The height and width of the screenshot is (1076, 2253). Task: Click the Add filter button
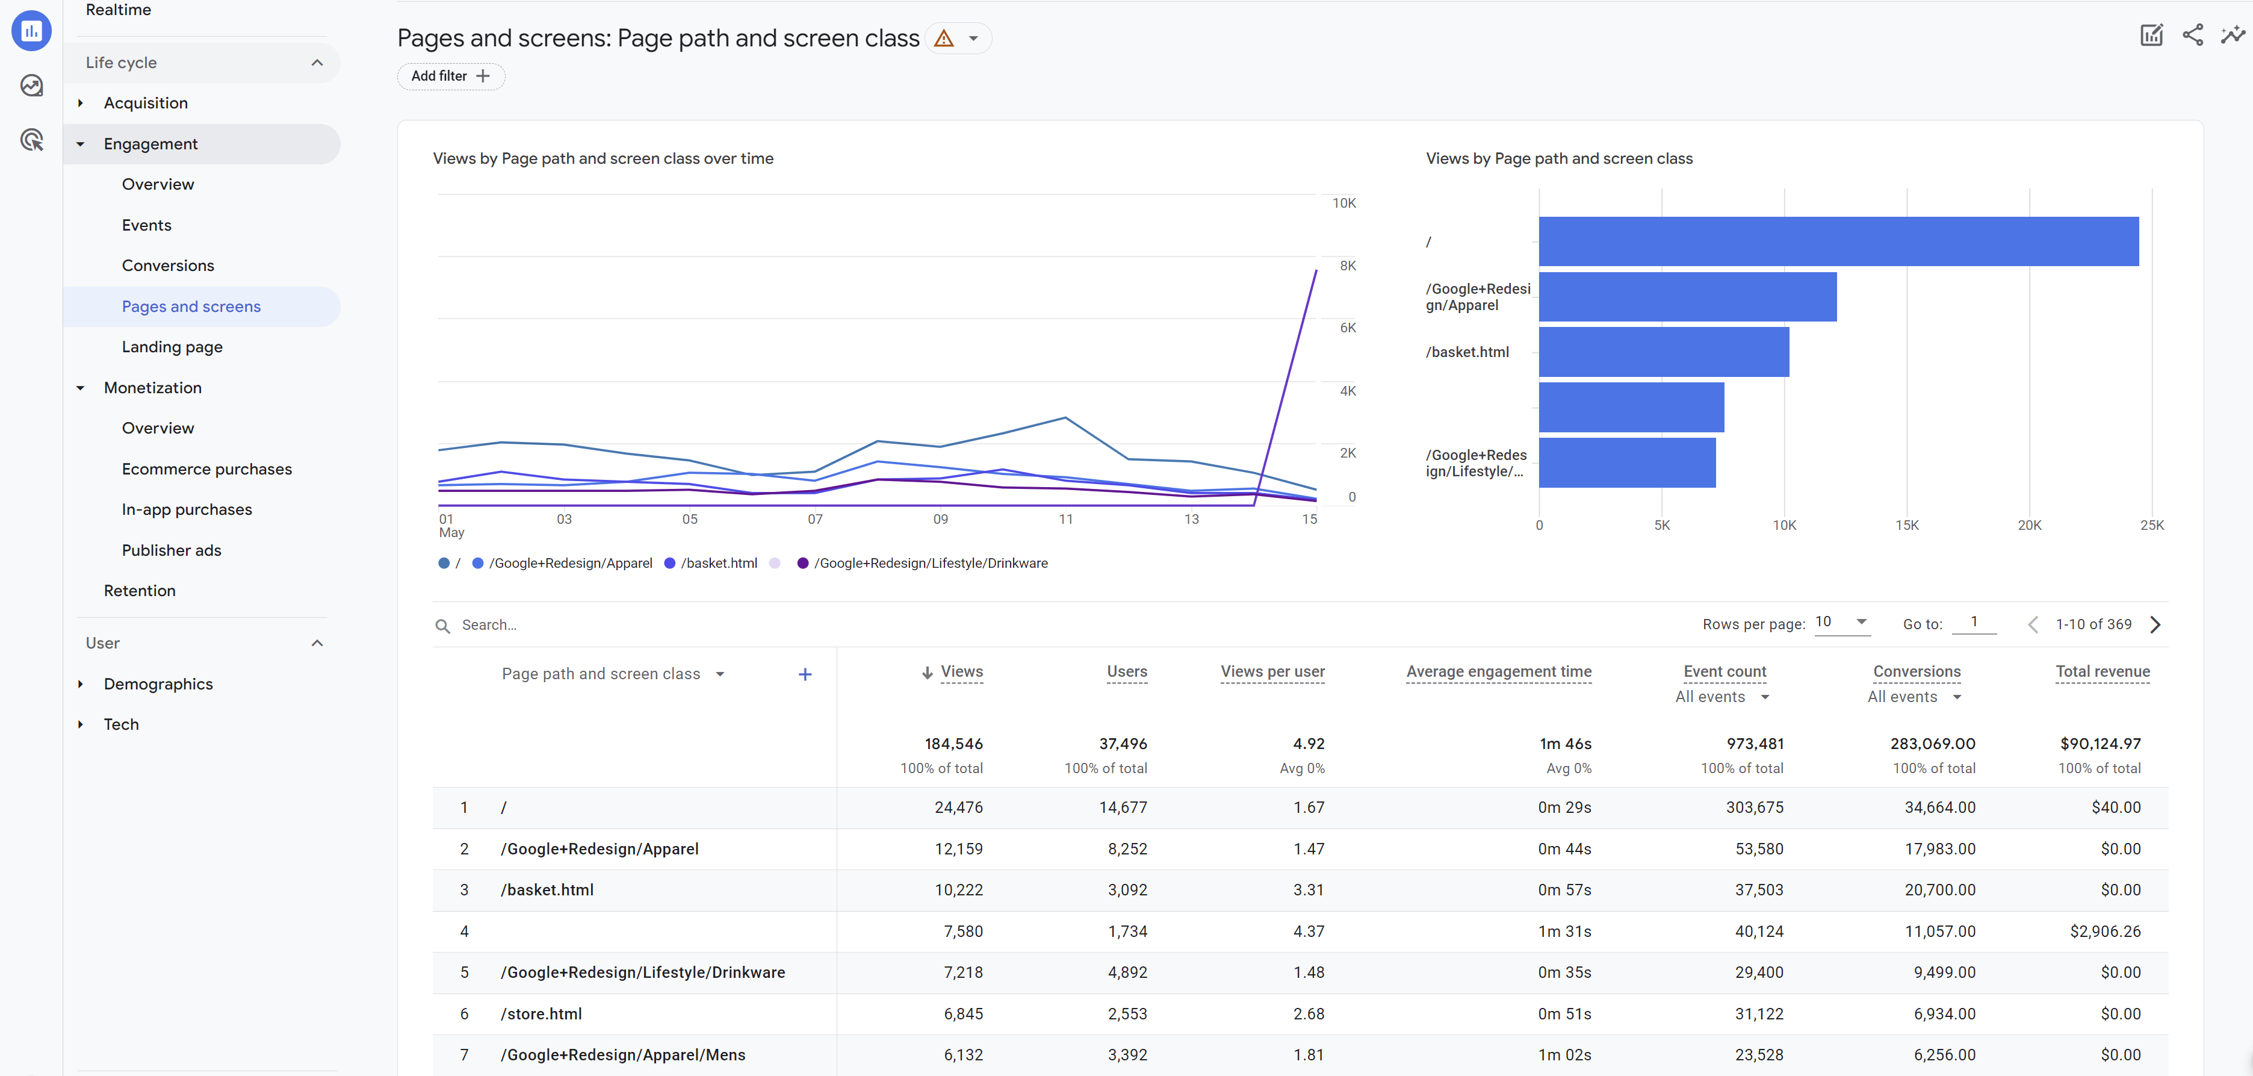(x=450, y=76)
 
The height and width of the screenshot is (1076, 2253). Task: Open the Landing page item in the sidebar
(x=172, y=347)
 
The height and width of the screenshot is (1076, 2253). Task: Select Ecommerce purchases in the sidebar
(x=206, y=469)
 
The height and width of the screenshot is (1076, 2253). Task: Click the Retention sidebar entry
(x=139, y=591)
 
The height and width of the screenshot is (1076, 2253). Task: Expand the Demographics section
(x=158, y=684)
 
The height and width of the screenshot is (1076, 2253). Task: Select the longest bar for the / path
(x=1838, y=241)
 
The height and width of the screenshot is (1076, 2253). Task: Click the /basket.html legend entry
(x=718, y=564)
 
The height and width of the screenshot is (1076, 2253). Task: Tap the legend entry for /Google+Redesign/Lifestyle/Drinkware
(x=930, y=564)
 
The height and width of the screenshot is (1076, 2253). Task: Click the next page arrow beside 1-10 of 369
(x=2154, y=624)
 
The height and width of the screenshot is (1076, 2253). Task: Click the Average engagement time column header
(x=1498, y=672)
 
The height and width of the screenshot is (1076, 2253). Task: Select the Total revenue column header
(x=2102, y=672)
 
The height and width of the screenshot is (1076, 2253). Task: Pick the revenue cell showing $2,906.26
(x=2104, y=931)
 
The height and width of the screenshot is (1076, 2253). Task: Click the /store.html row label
(x=541, y=1014)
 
